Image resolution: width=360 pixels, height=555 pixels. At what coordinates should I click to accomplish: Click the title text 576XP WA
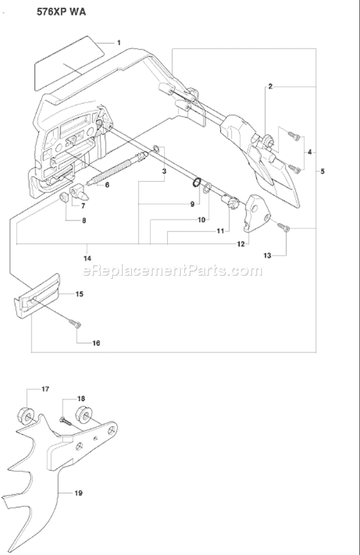coord(61,13)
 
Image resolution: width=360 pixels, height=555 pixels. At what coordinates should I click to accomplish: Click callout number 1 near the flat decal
coord(118,43)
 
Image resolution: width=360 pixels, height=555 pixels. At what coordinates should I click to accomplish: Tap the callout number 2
coord(270,86)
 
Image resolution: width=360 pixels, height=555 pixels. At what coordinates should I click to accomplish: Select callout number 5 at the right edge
coord(323,171)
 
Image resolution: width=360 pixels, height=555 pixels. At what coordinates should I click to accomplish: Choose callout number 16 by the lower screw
coord(96,343)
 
